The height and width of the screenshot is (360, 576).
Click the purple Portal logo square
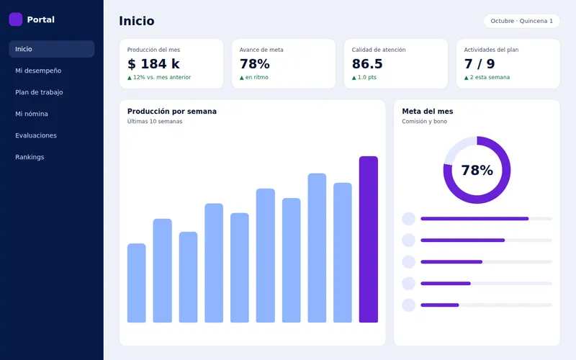click(x=15, y=19)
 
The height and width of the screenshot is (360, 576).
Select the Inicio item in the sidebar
click(x=52, y=49)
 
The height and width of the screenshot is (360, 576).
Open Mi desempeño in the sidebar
click(x=38, y=71)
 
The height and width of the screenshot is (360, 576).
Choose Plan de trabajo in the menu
click(x=39, y=92)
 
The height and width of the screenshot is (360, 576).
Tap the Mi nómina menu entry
click(x=32, y=114)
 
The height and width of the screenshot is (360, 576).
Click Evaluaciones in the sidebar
click(x=36, y=135)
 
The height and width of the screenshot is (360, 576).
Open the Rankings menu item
click(x=30, y=157)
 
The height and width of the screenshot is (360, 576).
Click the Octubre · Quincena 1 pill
click(x=521, y=21)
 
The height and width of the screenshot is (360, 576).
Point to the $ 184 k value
click(x=153, y=64)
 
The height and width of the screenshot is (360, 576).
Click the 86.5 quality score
click(x=367, y=64)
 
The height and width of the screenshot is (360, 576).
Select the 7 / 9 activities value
click(x=480, y=64)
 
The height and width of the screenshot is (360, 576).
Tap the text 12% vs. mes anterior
click(x=162, y=78)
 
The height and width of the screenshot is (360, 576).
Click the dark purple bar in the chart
click(x=369, y=240)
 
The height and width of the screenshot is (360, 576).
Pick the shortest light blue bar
click(x=137, y=283)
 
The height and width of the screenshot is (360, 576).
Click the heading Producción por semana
click(x=172, y=112)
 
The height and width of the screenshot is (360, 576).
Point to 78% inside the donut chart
click(x=477, y=170)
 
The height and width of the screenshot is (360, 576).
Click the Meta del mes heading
click(x=428, y=112)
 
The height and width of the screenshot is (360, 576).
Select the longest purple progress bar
click(x=474, y=219)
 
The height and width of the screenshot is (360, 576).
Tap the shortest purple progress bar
click(x=440, y=305)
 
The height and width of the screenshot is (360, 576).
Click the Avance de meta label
click(x=261, y=50)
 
